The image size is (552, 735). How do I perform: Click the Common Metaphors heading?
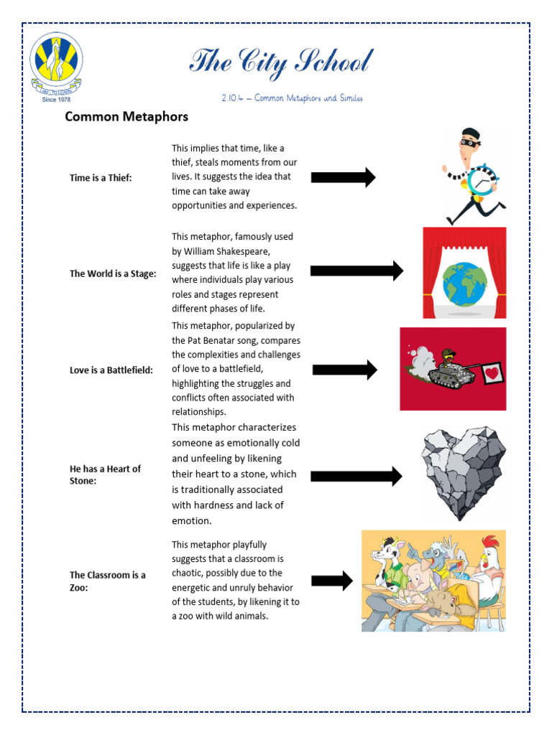click(x=126, y=116)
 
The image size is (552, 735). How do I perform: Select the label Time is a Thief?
click(x=101, y=177)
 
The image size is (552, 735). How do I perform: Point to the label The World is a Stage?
click(x=112, y=273)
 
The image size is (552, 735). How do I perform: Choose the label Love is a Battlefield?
click(x=111, y=370)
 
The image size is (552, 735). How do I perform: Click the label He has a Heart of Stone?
click(x=105, y=474)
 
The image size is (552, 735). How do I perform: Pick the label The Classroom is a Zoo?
click(x=107, y=581)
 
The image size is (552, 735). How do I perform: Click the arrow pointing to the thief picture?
click(x=343, y=177)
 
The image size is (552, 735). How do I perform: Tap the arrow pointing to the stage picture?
click(x=356, y=271)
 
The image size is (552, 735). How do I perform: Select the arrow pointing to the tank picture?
click(x=344, y=370)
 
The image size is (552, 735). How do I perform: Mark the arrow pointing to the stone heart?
click(x=356, y=476)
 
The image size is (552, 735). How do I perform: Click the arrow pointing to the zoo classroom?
click(x=331, y=581)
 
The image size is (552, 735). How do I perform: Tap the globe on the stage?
click(x=465, y=283)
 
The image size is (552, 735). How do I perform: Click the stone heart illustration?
click(x=464, y=471)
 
